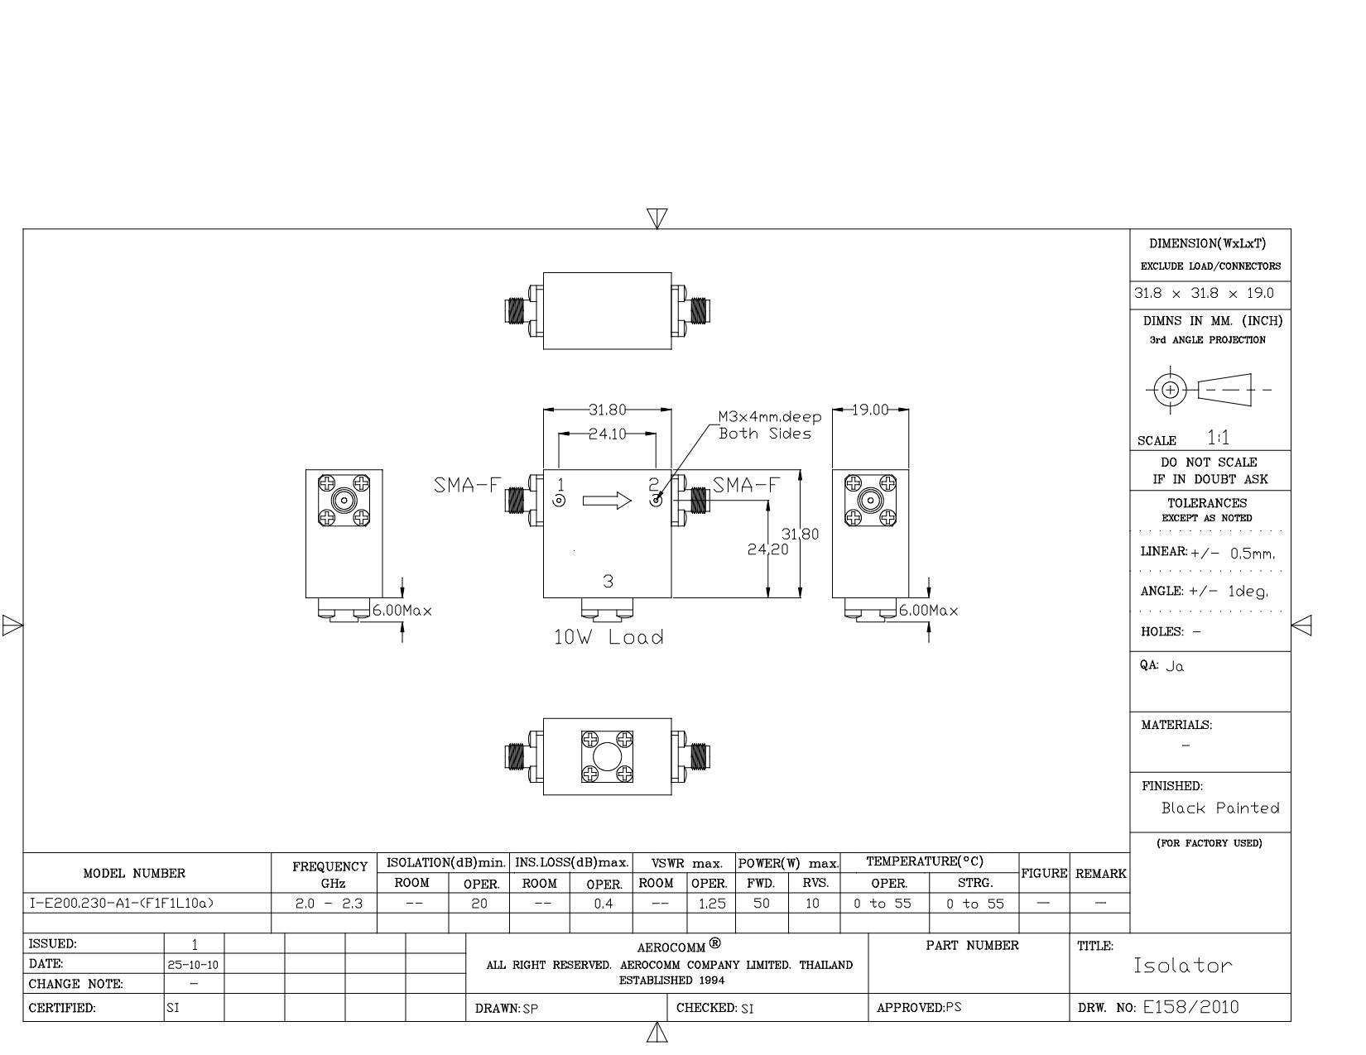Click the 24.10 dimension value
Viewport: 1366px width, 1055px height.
[x=608, y=434]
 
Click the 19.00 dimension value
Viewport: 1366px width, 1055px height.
[x=870, y=410]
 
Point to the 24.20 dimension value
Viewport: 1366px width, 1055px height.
[x=767, y=549]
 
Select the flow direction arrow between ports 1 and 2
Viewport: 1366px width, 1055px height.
[x=607, y=500]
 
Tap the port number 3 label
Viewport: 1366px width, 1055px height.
[x=608, y=581]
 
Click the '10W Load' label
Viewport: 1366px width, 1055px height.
[x=608, y=637]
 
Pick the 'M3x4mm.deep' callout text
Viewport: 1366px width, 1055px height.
[x=770, y=416]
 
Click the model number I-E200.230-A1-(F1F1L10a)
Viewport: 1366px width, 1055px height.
[x=122, y=903]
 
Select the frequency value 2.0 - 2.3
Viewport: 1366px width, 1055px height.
[x=329, y=904]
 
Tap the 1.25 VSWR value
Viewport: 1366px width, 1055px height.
[x=712, y=904]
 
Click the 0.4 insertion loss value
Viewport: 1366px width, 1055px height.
[x=603, y=904]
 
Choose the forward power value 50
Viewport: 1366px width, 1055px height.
[x=762, y=904]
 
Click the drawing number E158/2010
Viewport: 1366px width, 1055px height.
[x=1190, y=1007]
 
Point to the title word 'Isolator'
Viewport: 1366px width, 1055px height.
[x=1182, y=965]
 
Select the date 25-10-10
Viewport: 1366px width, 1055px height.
[x=193, y=965]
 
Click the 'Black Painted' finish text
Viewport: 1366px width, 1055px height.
[x=1220, y=808]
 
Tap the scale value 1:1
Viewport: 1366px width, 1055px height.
[x=1219, y=438]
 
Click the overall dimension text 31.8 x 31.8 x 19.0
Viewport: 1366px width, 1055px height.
[x=1204, y=294]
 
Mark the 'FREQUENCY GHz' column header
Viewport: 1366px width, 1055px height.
[x=330, y=875]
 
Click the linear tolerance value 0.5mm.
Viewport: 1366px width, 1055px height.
[x=1253, y=554]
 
